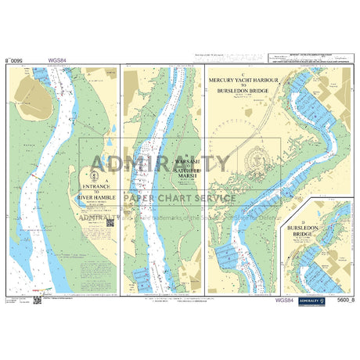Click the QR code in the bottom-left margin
[36, 299]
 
